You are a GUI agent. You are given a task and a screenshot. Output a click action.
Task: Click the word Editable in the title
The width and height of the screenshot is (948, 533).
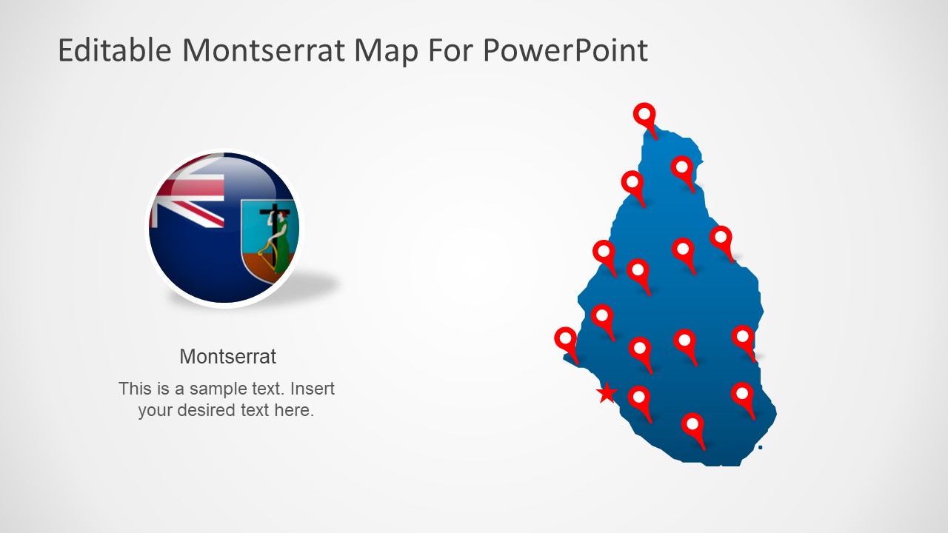coord(114,50)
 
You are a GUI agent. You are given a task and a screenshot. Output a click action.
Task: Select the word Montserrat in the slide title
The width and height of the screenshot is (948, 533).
coord(264,50)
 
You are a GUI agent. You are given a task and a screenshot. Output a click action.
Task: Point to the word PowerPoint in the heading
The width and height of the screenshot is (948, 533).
coord(565,50)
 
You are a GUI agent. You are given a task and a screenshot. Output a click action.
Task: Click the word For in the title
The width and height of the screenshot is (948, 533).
coord(450,50)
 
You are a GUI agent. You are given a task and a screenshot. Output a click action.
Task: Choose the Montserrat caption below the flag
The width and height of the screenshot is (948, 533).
coord(227,356)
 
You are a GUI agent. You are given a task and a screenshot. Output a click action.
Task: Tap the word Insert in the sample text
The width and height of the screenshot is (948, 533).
coord(313,389)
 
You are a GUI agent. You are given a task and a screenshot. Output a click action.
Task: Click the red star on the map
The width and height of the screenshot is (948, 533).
coord(607,393)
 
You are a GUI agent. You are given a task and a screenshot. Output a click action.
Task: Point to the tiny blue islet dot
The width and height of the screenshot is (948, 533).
coord(761,447)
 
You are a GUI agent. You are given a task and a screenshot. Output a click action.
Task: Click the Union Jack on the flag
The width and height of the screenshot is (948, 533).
coord(187,195)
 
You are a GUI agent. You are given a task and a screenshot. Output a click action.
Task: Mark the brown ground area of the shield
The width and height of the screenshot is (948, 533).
coord(260,266)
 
